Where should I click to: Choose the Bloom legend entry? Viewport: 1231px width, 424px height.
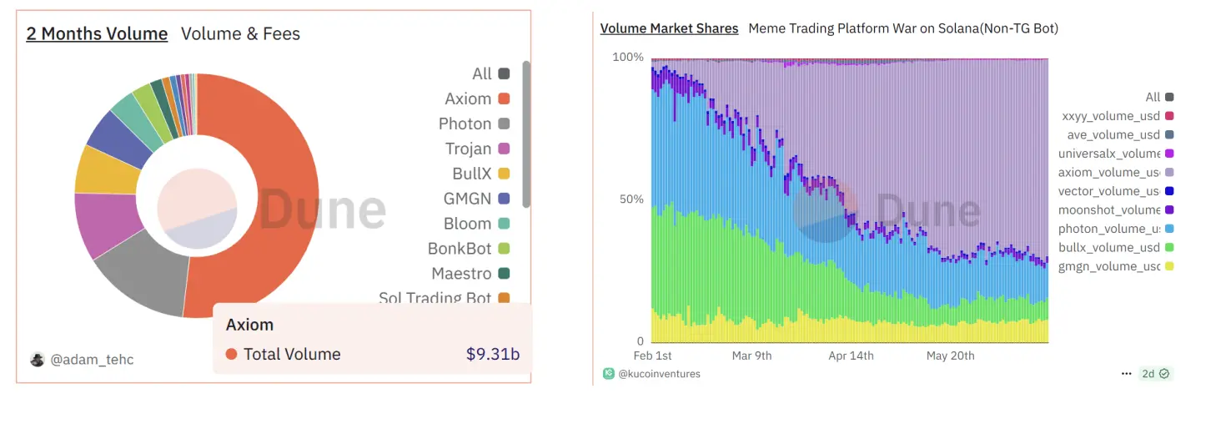point(467,224)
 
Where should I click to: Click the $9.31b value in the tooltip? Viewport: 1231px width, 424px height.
point(493,354)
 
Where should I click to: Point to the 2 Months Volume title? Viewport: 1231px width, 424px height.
point(97,33)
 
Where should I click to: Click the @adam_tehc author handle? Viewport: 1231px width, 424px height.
point(92,360)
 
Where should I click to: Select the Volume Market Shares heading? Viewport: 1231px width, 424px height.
point(669,28)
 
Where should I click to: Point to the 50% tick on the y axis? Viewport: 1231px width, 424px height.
point(628,199)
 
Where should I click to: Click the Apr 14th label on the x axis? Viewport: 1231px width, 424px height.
point(851,356)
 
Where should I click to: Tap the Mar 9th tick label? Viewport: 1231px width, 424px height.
point(751,356)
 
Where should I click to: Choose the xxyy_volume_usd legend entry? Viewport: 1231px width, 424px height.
point(1109,116)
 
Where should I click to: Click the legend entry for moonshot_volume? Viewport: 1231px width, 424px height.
point(1109,209)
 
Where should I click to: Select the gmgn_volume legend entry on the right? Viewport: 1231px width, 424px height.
point(1109,266)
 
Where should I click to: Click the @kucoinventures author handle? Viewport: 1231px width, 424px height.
point(659,374)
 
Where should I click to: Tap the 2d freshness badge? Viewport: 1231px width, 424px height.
point(1154,374)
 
